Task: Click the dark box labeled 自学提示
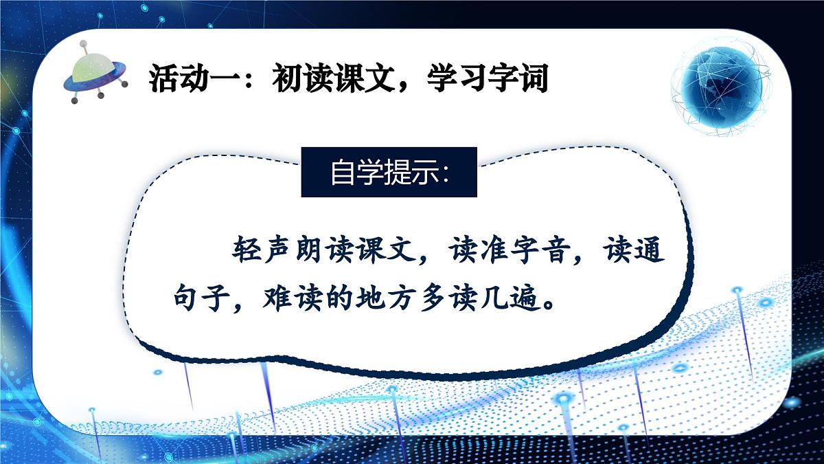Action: [389, 173]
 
